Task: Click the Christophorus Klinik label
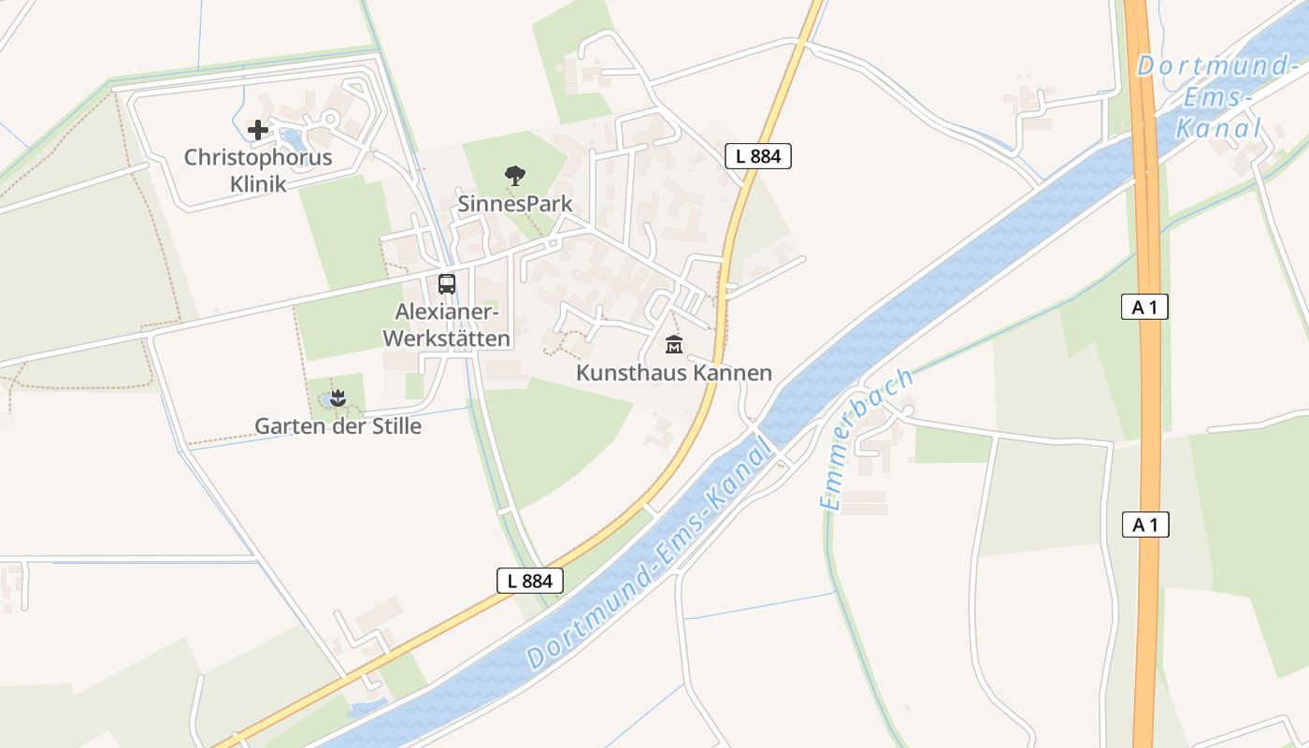point(258,169)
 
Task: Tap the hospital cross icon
point(258,130)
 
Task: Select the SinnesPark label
point(514,203)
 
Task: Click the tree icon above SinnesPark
point(514,175)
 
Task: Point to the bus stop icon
point(447,283)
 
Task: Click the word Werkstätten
point(447,338)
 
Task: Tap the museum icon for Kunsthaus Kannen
point(673,345)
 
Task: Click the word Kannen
point(733,373)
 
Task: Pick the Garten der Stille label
point(338,426)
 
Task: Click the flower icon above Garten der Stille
point(338,399)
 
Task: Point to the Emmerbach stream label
point(867,439)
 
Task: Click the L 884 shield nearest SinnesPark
point(758,156)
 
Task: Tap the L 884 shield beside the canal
point(530,581)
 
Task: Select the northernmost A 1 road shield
point(1144,306)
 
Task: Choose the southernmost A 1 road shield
point(1144,525)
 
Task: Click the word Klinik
point(258,182)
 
